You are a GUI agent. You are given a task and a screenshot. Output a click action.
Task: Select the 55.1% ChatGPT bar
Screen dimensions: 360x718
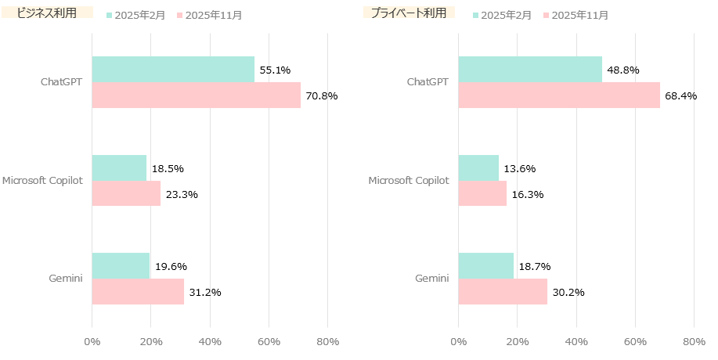coord(173,70)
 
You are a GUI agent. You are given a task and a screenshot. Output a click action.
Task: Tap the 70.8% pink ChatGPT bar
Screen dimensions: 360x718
coord(196,95)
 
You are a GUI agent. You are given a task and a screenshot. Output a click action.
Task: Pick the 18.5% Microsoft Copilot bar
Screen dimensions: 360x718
coord(119,167)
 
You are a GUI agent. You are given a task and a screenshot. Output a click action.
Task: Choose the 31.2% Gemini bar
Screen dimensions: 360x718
coord(138,292)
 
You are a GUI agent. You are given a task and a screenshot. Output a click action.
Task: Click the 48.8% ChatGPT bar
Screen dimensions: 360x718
coord(530,70)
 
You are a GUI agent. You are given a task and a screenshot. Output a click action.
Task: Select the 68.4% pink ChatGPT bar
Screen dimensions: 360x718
coord(559,95)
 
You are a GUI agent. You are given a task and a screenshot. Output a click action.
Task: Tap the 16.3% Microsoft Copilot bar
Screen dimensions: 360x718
coord(482,193)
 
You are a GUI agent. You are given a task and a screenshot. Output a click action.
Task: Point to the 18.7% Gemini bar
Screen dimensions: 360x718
coord(485,266)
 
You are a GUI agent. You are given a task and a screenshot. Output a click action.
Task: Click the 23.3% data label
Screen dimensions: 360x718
coord(182,194)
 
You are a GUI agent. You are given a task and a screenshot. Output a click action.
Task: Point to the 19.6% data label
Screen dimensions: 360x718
coord(171,267)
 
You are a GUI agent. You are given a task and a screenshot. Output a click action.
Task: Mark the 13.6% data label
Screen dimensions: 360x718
coord(519,168)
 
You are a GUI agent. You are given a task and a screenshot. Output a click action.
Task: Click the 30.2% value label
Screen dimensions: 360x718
coord(568,293)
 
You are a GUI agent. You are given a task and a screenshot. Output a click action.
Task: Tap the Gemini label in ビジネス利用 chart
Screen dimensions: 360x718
coord(67,279)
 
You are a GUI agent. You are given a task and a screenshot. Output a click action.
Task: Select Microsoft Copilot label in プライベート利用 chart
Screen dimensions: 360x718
coord(409,181)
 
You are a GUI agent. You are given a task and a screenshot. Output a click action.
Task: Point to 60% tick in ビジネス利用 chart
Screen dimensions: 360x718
coord(269,342)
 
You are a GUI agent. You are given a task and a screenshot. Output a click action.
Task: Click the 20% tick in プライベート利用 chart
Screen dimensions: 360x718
coord(517,342)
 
